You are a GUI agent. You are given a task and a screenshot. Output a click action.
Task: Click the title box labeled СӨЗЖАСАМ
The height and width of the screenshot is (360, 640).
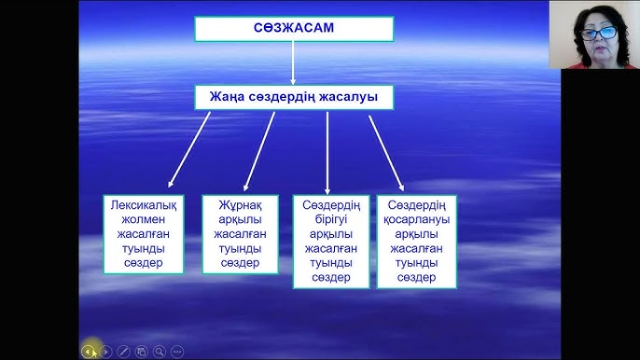(x=293, y=29)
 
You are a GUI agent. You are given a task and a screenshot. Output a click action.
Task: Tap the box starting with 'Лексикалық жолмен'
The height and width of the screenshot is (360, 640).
(x=142, y=234)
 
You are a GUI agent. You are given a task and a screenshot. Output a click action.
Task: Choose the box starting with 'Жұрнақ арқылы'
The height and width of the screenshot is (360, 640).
(x=240, y=234)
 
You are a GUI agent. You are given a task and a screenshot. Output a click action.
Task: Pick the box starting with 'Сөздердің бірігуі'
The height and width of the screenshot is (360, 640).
(x=330, y=242)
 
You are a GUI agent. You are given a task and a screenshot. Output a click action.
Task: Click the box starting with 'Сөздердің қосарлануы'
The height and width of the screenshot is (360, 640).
(x=416, y=242)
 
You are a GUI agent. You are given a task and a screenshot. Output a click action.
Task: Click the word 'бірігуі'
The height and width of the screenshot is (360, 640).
(x=330, y=220)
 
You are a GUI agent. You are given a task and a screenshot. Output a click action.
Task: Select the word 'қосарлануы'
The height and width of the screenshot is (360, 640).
(x=416, y=220)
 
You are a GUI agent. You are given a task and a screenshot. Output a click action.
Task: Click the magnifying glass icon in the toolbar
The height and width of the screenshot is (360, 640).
(x=160, y=352)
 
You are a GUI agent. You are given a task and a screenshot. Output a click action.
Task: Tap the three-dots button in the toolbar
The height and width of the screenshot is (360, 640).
(x=177, y=352)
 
